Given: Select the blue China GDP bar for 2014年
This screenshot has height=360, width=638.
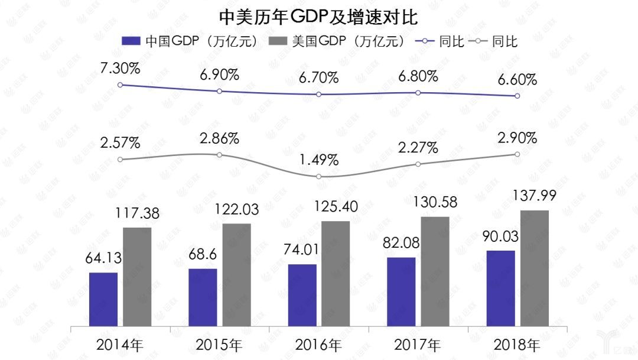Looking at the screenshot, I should pos(103,299).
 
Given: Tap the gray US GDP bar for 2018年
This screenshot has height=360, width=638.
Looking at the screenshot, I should pos(535,267).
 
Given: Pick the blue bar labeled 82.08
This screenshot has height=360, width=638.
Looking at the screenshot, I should pos(401,291).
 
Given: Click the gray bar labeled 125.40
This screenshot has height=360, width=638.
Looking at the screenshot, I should pos(336,273).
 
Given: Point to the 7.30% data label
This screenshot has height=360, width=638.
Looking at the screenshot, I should pos(120,68).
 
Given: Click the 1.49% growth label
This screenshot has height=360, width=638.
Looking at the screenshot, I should pos(318,160).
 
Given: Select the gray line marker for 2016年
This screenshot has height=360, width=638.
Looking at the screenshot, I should pos(319,177).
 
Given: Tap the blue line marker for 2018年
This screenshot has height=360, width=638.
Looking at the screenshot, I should pos(517,96).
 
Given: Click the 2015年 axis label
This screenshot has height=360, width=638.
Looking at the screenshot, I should pos(219,344).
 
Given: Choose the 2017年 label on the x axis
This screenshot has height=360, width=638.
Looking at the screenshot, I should pos(418,344).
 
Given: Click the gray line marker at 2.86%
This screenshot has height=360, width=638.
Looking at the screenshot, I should pos(219,155).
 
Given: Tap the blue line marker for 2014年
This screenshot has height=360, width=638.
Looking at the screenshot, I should pos(120,85).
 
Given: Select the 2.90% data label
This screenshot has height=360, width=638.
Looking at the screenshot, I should pos(517,138).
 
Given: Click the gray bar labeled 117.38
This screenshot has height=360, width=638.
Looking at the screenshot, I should pos(137,276).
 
